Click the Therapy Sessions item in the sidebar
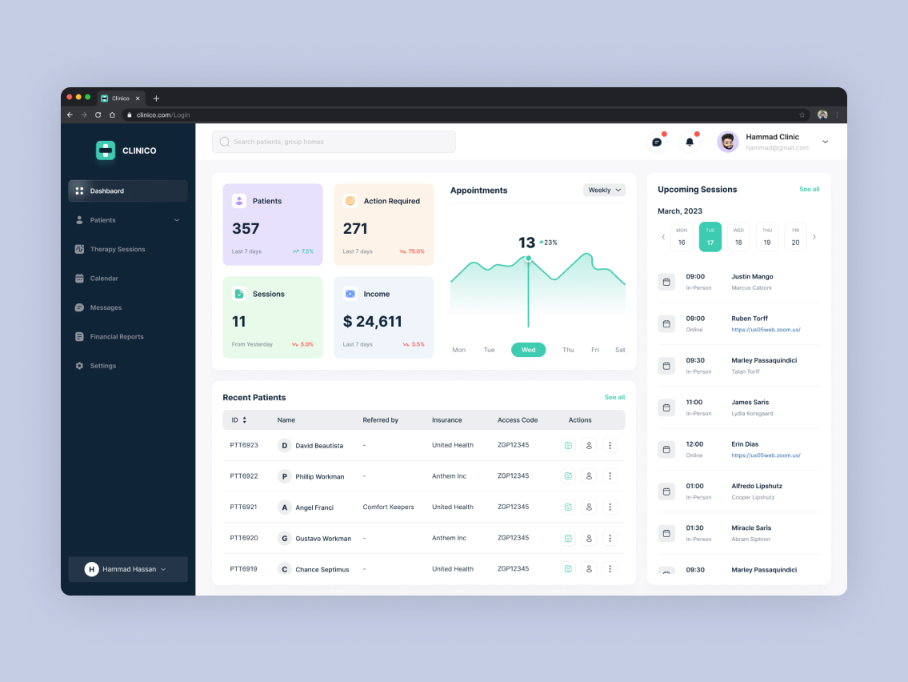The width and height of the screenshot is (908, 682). tap(117, 249)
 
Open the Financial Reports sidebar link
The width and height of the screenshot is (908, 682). tap(116, 337)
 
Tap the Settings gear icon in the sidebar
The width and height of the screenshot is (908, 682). tap(79, 366)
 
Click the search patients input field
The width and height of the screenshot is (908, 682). tap(334, 142)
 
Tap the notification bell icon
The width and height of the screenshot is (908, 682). tap(689, 142)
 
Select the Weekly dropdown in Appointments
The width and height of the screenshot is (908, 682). tap(604, 191)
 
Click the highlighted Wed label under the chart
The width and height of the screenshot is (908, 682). tap(528, 350)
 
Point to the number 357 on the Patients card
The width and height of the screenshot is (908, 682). tap(246, 229)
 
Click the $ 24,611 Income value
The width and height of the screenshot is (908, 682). tap(372, 322)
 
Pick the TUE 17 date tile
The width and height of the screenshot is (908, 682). tap(710, 237)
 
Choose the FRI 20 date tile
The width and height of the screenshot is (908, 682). tap(795, 237)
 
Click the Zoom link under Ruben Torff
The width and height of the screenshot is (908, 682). tap(766, 330)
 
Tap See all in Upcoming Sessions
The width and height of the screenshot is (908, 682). tap(809, 190)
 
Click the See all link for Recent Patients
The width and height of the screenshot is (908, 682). tap(614, 397)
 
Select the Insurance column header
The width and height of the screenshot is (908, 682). tap(446, 420)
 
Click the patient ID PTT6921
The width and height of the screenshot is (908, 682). tap(243, 507)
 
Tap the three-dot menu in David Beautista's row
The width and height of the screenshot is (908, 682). tap(610, 445)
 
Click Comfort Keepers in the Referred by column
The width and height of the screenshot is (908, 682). tap(388, 507)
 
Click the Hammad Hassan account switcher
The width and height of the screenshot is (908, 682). tap(128, 569)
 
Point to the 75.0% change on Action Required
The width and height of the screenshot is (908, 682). tap(413, 251)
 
